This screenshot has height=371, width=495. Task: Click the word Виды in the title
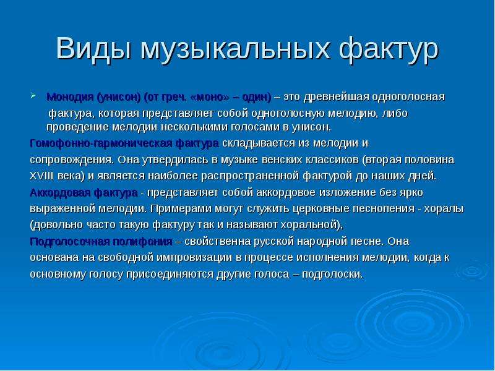pyautogui.click(x=94, y=48)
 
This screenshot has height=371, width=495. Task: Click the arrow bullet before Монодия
pyautogui.click(x=33, y=95)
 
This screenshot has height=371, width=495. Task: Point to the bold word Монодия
pyautogui.click(x=70, y=97)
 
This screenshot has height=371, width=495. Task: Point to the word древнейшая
pyautogui.click(x=337, y=97)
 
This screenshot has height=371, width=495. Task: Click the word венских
pyautogui.click(x=282, y=160)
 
